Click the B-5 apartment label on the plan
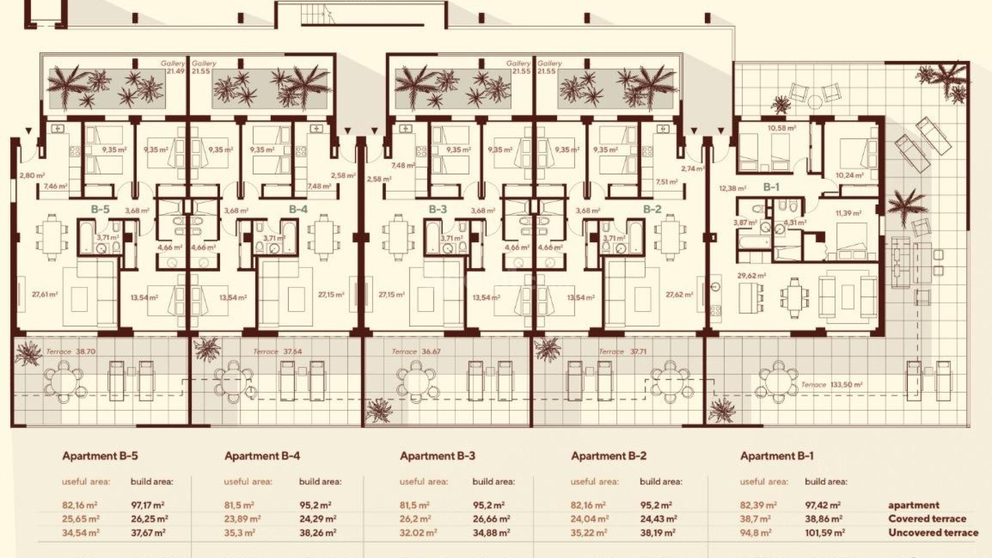coord(100,209)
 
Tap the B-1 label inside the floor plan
coord(771,187)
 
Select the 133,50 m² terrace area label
coord(831,384)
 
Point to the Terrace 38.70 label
coord(71,351)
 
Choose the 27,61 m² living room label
coord(44,295)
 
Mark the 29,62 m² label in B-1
coord(751,276)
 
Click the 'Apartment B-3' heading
coord(437,456)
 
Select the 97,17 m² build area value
coord(148,505)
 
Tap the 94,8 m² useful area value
coord(755,532)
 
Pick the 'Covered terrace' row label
coord(927,519)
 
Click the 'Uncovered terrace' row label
coord(933,532)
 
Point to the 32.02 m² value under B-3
coord(418,532)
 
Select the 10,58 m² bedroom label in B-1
coord(781,128)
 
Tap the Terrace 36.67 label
coord(416,351)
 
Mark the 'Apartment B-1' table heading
coord(777,456)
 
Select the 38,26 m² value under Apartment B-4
coord(318,532)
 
